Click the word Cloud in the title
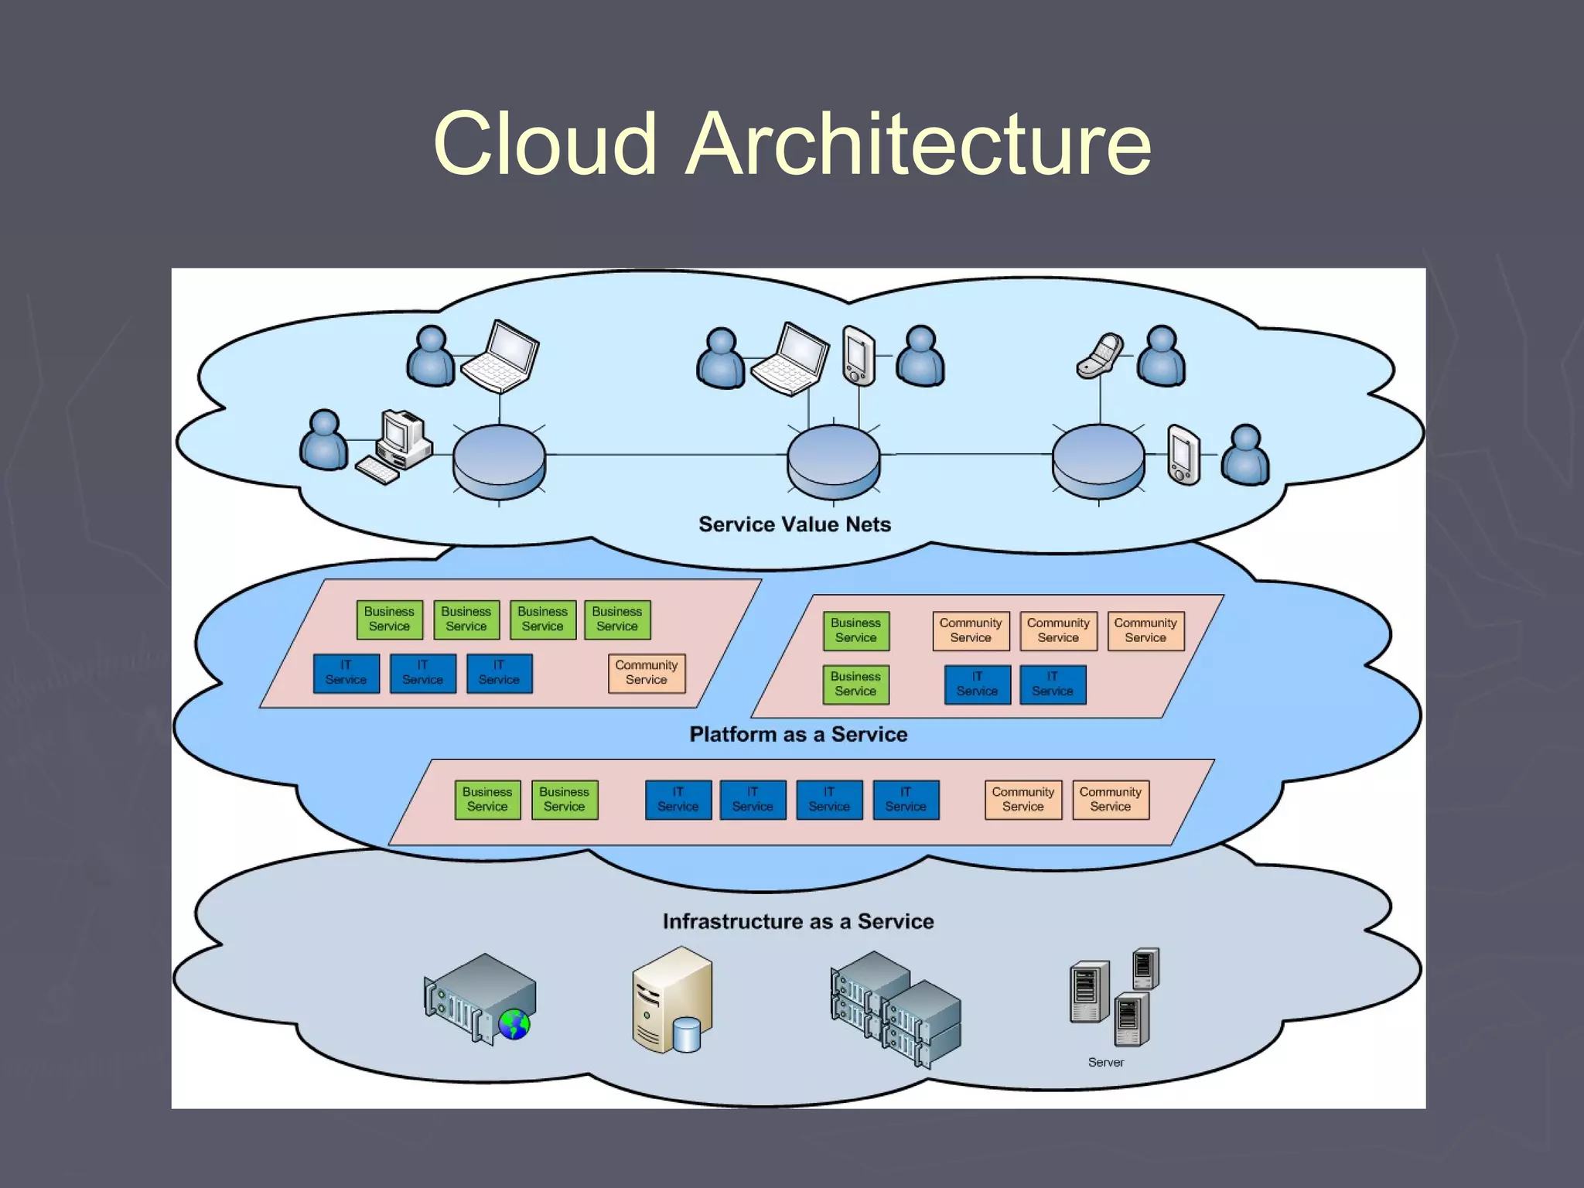(x=544, y=143)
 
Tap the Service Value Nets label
(x=794, y=524)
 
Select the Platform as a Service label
(x=798, y=734)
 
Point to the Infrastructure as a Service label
(x=798, y=921)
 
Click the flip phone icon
(x=1100, y=356)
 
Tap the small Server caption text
(x=1105, y=1062)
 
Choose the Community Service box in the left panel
(x=646, y=673)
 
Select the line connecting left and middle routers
(x=665, y=455)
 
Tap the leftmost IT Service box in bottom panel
(x=678, y=799)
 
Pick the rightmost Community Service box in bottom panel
(x=1110, y=799)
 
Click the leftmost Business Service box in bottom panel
(x=487, y=799)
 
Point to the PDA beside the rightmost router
(x=1183, y=455)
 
